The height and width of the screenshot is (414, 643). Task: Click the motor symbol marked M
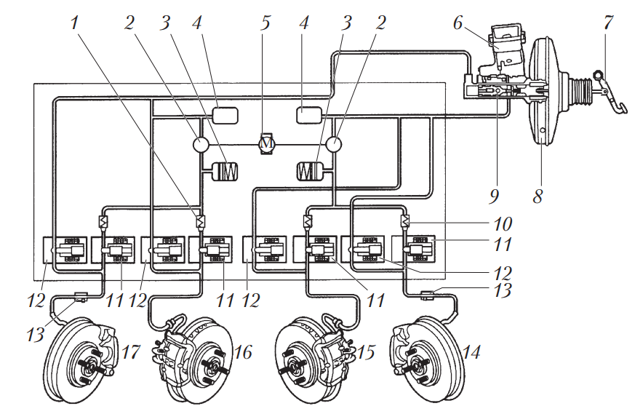[x=267, y=143]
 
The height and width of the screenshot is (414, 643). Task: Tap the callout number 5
[x=265, y=23]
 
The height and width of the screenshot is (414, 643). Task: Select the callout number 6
[x=458, y=23]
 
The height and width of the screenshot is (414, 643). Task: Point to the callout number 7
[x=608, y=23]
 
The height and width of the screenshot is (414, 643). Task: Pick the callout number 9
[x=494, y=196]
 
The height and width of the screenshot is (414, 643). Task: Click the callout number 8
[x=538, y=196]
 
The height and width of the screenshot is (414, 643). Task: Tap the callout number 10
[x=503, y=224]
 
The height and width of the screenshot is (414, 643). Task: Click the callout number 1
[x=74, y=23]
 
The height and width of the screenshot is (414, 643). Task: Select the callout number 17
[x=131, y=352]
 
